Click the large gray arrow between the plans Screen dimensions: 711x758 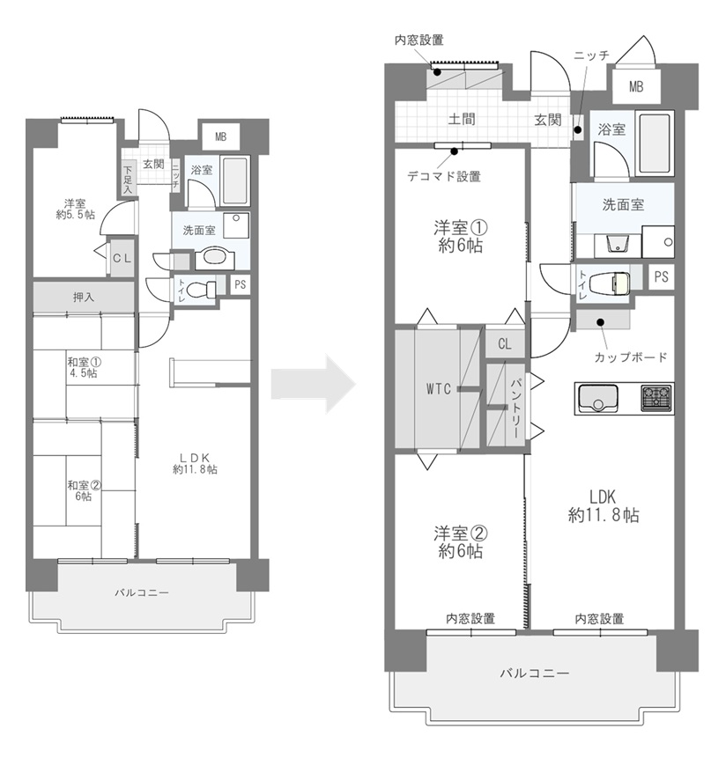[x=314, y=384]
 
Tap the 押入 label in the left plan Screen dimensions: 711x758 [x=84, y=297]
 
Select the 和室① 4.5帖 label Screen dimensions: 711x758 [x=85, y=367]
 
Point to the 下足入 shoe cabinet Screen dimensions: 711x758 [x=127, y=179]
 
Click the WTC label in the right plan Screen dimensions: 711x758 [x=438, y=388]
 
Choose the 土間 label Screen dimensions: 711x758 [x=462, y=119]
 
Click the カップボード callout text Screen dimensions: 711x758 [x=630, y=357]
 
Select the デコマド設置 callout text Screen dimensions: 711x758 [x=444, y=176]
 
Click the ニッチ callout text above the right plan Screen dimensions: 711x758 [x=591, y=55]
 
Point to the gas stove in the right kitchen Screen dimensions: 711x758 [x=656, y=398]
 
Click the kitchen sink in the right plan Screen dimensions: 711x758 [x=597, y=398]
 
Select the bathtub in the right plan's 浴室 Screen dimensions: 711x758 [x=655, y=143]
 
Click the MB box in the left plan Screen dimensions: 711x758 [x=220, y=136]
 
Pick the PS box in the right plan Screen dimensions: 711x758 [x=661, y=276]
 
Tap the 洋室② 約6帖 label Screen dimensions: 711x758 [x=461, y=542]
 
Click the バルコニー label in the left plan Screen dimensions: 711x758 [x=142, y=592]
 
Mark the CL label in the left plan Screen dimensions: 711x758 [x=122, y=258]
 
